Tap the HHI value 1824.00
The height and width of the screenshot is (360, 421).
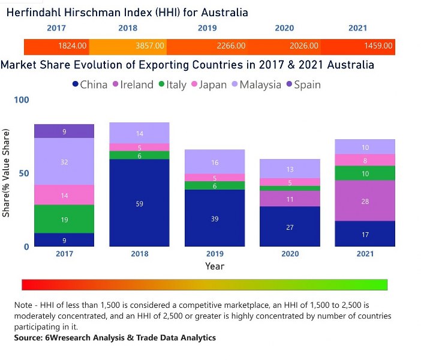(73, 46)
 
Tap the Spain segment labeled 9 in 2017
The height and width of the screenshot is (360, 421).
(64, 131)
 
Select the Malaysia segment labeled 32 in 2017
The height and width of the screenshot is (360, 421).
(64, 161)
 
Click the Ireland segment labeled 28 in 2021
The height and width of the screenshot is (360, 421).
(365, 201)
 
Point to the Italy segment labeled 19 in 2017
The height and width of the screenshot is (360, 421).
(64, 219)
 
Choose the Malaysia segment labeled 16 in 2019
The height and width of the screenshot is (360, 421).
(215, 162)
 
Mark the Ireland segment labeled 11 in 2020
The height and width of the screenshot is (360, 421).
(290, 199)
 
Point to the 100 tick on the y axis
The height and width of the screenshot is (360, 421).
(21, 100)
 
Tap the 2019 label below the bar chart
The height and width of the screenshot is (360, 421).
(215, 254)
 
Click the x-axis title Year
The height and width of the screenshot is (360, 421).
(215, 265)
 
